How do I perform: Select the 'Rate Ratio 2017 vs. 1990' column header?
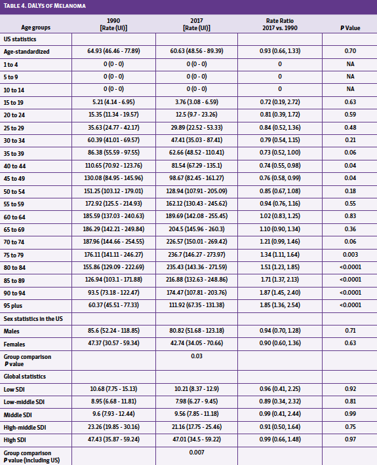[280, 24]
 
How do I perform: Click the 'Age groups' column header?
[35, 28]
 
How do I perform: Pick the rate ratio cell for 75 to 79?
[280, 254]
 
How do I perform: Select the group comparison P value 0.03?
[197, 356]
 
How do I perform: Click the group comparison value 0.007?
[197, 453]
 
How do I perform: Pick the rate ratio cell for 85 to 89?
[280, 280]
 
